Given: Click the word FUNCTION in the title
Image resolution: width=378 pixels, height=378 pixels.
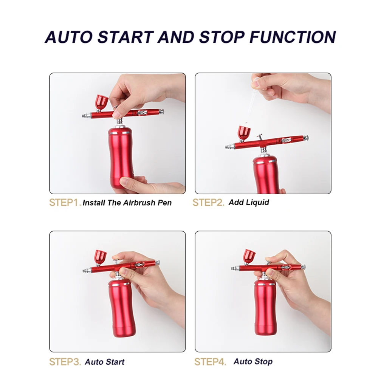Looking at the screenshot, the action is click(293, 37).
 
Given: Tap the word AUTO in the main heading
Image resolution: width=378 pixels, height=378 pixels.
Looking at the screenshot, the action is click(69, 37).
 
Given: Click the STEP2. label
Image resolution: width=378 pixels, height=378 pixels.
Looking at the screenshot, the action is click(208, 203).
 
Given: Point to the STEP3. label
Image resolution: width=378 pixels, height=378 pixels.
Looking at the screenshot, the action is click(65, 362).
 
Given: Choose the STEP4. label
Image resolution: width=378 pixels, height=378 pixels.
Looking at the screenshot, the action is click(210, 362).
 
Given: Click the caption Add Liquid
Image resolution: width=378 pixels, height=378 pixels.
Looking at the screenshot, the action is click(249, 202).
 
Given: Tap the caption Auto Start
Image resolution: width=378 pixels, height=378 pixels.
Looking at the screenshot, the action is click(105, 362).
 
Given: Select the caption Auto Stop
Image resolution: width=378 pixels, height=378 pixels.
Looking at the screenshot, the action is click(253, 361).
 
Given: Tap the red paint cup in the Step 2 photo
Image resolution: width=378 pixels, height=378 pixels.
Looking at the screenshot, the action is click(244, 133).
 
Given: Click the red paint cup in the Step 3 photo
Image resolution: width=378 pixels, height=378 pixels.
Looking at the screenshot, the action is click(100, 257).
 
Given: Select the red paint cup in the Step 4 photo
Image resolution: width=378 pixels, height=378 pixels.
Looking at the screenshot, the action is click(249, 257).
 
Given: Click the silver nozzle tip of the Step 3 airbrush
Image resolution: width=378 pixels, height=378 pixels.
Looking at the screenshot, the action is click(87, 271).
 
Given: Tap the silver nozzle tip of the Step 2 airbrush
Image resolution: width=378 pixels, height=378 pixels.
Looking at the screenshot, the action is click(230, 146).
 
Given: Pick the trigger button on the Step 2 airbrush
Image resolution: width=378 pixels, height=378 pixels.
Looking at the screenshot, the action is click(260, 136).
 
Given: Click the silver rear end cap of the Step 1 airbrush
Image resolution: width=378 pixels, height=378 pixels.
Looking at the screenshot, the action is click(161, 112).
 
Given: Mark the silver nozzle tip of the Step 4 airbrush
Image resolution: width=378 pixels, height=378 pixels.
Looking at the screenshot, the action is click(235, 268).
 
